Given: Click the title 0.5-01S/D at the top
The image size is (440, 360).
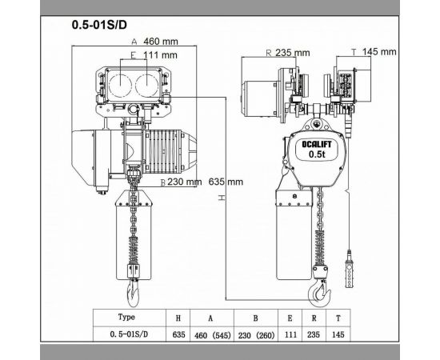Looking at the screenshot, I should coord(98,24).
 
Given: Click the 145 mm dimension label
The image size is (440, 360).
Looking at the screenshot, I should coord(378,52).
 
